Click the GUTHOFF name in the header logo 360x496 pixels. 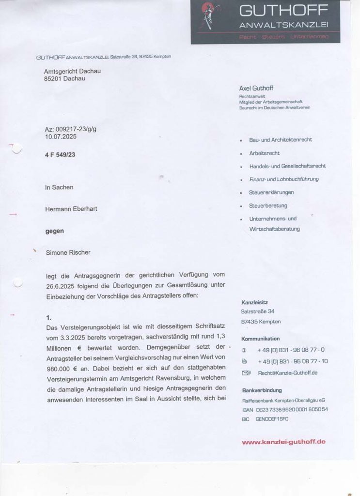(x=283, y=10)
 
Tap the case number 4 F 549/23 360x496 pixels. (x=61, y=155)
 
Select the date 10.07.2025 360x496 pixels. (x=60, y=137)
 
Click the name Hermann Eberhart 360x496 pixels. (x=71, y=209)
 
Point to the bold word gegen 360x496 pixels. (x=54, y=231)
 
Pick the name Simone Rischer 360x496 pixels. (x=68, y=252)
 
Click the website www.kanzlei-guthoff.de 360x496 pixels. (x=283, y=441)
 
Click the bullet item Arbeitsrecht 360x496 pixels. (x=264, y=153)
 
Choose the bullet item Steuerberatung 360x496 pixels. (x=268, y=205)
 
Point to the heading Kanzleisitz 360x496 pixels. (x=254, y=302)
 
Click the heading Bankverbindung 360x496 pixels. (x=261, y=390)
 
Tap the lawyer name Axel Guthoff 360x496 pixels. (x=256, y=88)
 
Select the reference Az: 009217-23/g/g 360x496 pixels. (x=70, y=130)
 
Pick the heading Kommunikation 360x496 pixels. (x=260, y=339)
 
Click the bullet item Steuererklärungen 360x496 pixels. (x=271, y=192)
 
